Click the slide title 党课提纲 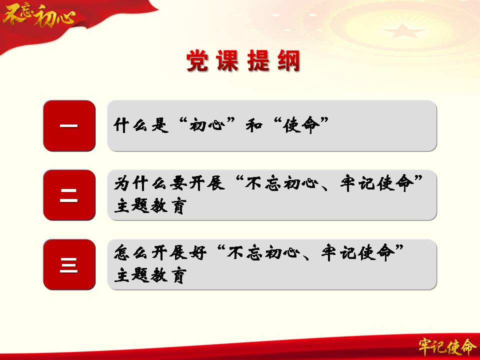tap(243, 60)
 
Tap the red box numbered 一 tap(69, 125)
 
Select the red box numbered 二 tap(69, 195)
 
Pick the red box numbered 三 tap(69, 264)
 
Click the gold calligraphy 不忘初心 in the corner tap(39, 15)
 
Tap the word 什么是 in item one tap(141, 125)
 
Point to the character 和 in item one tap(254, 125)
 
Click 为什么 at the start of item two tap(141, 183)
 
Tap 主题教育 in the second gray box tap(150, 205)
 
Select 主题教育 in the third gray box tap(150, 275)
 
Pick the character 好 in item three tap(197, 253)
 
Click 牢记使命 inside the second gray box tap(377, 183)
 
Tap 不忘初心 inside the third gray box tap(263, 253)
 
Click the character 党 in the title tap(197, 60)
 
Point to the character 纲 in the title tap(289, 60)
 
